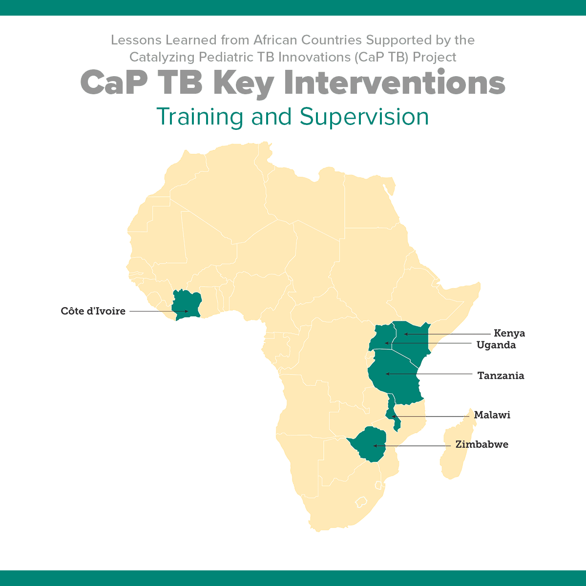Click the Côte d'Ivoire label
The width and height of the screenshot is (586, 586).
[93, 311]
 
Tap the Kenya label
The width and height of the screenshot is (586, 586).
[509, 334]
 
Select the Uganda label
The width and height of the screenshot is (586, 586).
[496, 345]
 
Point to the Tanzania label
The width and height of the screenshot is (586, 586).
[501, 376]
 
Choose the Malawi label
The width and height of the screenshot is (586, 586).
[492, 415]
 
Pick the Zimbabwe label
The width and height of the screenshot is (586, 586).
[482, 444]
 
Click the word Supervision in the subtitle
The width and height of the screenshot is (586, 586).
[364, 117]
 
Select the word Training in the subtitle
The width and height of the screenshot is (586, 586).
[200, 117]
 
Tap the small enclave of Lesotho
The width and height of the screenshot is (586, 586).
[360, 502]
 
